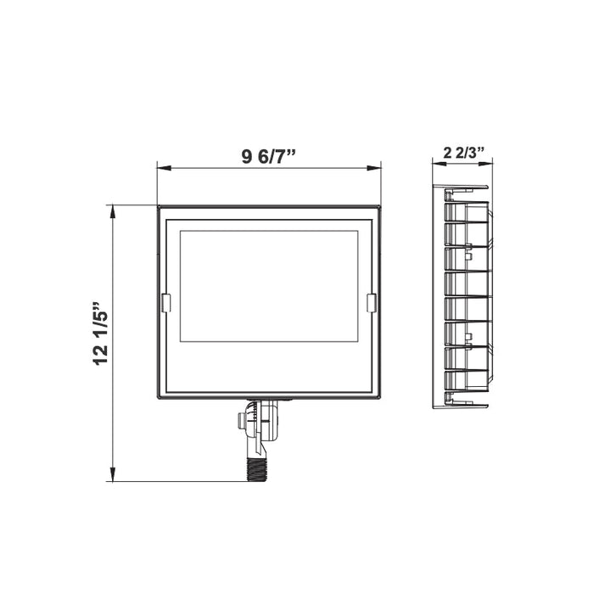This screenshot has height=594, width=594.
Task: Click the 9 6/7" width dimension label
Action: tap(268, 156)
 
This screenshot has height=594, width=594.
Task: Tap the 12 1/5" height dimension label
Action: tap(102, 332)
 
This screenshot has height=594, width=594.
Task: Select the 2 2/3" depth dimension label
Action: tap(463, 154)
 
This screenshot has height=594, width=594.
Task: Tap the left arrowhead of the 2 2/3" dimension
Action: tap(437, 165)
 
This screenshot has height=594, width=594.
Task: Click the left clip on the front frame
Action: tap(166, 302)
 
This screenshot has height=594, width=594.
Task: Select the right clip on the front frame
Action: tap(371, 302)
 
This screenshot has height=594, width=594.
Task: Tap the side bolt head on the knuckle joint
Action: tap(244, 420)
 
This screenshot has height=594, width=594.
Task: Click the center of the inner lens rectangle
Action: tap(269, 286)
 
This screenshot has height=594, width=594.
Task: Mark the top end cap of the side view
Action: tap(460, 188)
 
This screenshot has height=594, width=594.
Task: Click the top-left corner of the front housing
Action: tap(159, 206)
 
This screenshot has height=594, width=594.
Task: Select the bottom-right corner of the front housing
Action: tap(379, 398)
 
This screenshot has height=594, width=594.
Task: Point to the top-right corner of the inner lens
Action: tap(358, 231)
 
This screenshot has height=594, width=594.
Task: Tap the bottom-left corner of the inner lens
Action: tap(180, 341)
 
